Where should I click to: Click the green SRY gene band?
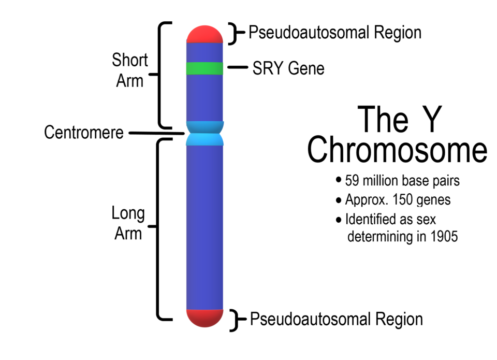pos(204,68)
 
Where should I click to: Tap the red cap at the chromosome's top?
pos(204,34)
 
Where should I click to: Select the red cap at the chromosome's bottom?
pos(204,317)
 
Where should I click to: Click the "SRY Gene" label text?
pos(288,68)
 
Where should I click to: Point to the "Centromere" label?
pos(84,133)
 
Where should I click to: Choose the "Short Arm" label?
pos(129,70)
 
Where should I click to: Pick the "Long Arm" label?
pos(128,223)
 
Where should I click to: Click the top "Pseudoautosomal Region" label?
pos(335,33)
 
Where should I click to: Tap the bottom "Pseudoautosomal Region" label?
pos(337,319)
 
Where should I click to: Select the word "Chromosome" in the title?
pos(397,150)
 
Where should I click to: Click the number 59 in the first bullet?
pos(352,181)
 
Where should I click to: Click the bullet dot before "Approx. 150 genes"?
pos(339,200)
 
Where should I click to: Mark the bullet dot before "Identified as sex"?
pos(339,219)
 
